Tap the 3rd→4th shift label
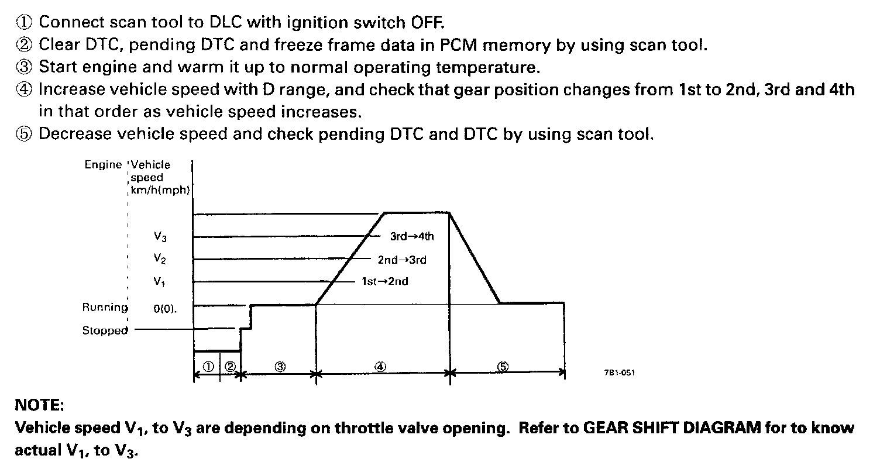coord(412,237)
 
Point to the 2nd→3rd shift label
coord(402,260)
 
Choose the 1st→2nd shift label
coord(384,281)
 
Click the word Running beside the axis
coord(105,307)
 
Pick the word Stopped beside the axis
coord(105,330)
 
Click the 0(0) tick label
coord(165,308)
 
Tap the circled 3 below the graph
coord(280,367)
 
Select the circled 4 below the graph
coord(380,367)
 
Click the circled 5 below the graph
coord(503,367)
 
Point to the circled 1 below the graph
coord(207,367)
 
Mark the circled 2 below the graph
coord(230,367)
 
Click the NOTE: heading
coord(39,405)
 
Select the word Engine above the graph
coord(103,165)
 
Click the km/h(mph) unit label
coord(161,190)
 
